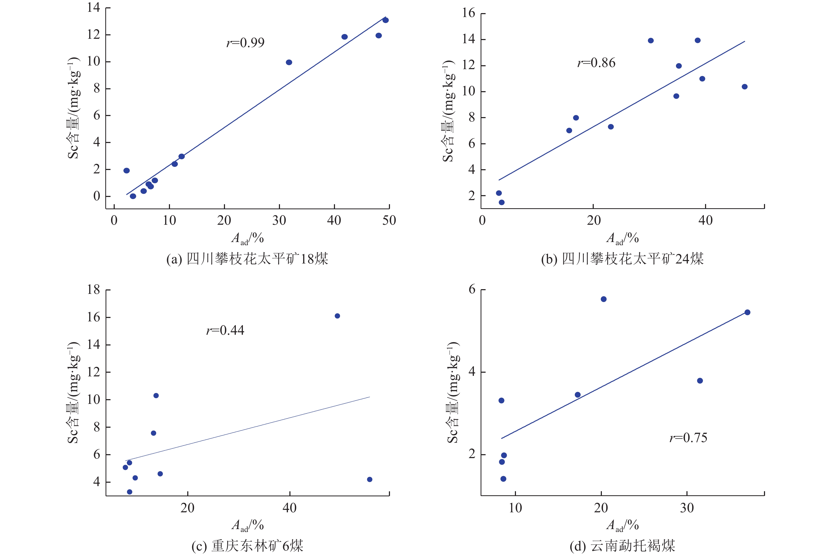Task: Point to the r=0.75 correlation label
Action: click(688, 438)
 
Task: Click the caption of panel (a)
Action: click(247, 259)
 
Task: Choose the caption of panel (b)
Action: click(622, 259)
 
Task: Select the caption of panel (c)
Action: click(247, 546)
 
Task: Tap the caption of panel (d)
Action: click(622, 546)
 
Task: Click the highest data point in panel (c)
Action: click(337, 316)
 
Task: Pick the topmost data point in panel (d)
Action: click(603, 299)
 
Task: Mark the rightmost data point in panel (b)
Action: click(744, 87)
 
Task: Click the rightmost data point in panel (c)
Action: click(370, 479)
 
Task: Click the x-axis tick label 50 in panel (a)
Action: click(389, 221)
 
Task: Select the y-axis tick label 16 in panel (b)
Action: click(469, 13)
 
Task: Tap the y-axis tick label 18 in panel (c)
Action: click(94, 289)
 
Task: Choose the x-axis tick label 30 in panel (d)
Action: click(687, 508)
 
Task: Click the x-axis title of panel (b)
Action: click(622, 238)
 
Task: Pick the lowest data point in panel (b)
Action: click(502, 202)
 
